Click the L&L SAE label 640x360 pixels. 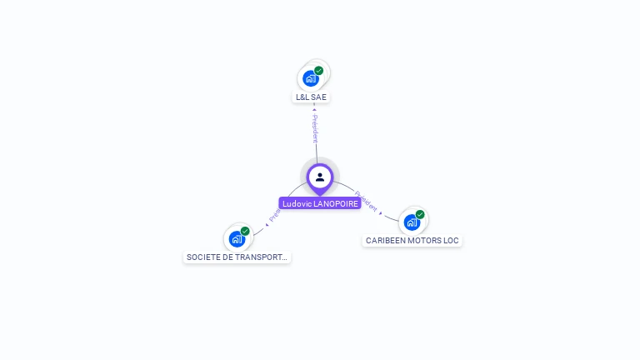[312, 97]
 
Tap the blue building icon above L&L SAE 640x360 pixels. [311, 79]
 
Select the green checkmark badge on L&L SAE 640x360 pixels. [318, 71]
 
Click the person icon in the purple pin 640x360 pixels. [320, 177]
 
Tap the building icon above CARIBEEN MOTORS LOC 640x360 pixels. [412, 222]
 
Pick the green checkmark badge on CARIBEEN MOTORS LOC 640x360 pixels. [420, 214]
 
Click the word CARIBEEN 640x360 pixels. [385, 241]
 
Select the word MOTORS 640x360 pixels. [424, 241]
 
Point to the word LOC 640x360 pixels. [451, 241]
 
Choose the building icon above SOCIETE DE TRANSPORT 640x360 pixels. [237, 239]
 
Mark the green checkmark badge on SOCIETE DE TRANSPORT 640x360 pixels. [245, 231]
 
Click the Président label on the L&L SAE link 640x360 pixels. [315, 128]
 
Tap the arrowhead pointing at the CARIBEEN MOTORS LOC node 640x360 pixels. [381, 213]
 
